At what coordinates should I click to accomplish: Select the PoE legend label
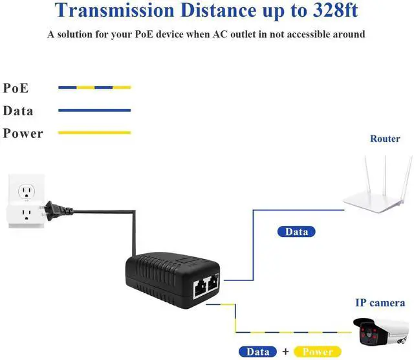[x=16, y=88]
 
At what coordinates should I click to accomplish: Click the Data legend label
[x=18, y=111]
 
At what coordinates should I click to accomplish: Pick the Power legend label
[x=23, y=133]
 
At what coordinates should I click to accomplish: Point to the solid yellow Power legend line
[x=94, y=133]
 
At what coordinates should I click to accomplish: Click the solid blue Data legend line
[x=94, y=110]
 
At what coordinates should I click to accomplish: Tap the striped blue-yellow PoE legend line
[x=94, y=87]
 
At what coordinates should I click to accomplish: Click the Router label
[x=385, y=139]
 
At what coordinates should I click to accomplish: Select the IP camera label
[x=380, y=302]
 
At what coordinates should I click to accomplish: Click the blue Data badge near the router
[x=297, y=231]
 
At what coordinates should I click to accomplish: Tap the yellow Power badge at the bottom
[x=318, y=352]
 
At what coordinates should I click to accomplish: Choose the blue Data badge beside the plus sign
[x=258, y=352]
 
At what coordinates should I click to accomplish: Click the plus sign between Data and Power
[x=285, y=352]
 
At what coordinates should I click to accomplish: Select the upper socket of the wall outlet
[x=27, y=192]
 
